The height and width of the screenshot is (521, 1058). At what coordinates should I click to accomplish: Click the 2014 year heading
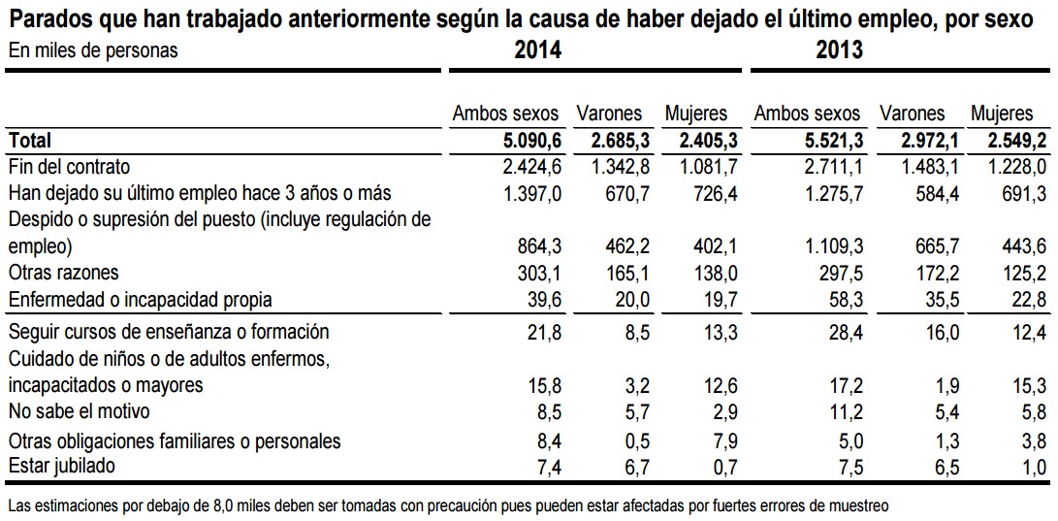[x=537, y=50]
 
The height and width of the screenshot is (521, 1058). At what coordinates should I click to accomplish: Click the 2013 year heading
[x=839, y=50]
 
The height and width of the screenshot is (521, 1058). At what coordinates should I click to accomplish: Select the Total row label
[x=30, y=141]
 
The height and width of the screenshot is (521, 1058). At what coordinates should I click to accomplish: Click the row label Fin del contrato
[x=69, y=167]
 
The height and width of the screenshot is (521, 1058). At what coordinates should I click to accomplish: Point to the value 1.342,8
[x=621, y=167]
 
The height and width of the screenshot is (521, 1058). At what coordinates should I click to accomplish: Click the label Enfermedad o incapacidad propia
[x=140, y=299]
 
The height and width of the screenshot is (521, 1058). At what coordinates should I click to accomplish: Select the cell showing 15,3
[x=1028, y=385]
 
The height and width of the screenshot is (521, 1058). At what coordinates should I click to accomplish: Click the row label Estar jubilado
[x=61, y=467]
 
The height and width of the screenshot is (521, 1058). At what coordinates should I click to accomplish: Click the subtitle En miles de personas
[x=93, y=50]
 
